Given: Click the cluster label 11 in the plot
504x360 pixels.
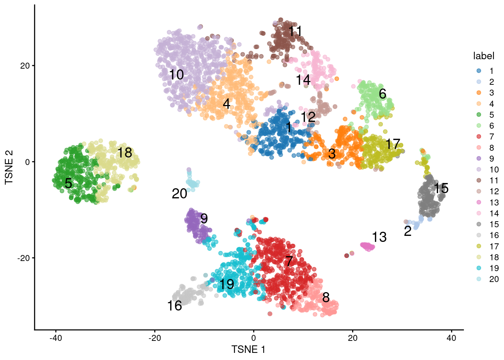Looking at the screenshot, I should coord(295,31).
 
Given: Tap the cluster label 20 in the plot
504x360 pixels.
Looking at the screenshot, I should coord(179,194).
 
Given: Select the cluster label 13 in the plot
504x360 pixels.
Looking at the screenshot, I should coord(379,237).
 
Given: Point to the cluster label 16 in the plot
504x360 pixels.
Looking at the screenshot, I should coord(175,306).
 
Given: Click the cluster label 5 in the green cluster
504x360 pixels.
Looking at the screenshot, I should coord(68,183).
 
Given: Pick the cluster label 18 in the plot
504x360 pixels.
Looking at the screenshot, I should coord(125,153).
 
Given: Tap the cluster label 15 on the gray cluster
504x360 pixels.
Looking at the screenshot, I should coord(441,188).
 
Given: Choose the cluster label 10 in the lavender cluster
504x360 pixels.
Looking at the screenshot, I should coord(176,75).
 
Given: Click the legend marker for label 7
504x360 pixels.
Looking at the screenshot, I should coord(479,136).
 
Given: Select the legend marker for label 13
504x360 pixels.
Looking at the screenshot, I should coord(479,202).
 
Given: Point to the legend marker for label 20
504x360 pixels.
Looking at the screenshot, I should coord(479,279).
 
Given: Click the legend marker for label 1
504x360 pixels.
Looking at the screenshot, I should coord(479,71).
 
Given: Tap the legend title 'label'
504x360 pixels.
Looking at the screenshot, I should coord(484,56).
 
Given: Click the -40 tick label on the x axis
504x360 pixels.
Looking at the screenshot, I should coord(55,338).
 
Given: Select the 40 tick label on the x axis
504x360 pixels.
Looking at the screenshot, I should coord(451,338).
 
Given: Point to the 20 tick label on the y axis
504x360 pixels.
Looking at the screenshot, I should coord(25,66).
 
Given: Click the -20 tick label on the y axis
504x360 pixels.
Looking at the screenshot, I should coord(23,258).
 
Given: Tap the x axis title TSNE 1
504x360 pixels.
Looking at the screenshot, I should coord(248,349).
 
